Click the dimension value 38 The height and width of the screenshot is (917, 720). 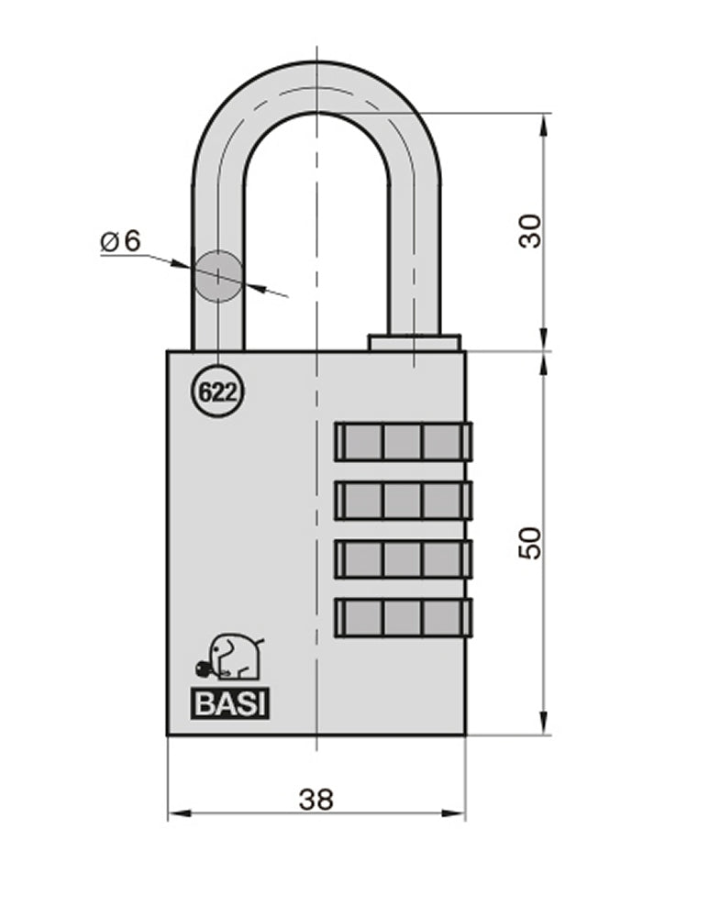pos(316,799)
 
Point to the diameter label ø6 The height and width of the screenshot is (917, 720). pos(120,241)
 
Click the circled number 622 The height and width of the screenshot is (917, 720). pos(217,392)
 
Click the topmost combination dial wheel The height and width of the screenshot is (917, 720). pos(403,441)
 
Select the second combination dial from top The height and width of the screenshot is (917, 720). pos(403,500)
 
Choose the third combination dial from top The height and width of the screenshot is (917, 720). pos(403,558)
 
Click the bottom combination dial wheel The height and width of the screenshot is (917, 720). pos(403,617)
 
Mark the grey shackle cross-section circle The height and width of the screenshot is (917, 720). pos(218,276)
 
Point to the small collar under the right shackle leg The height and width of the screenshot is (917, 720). pos(414,342)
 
